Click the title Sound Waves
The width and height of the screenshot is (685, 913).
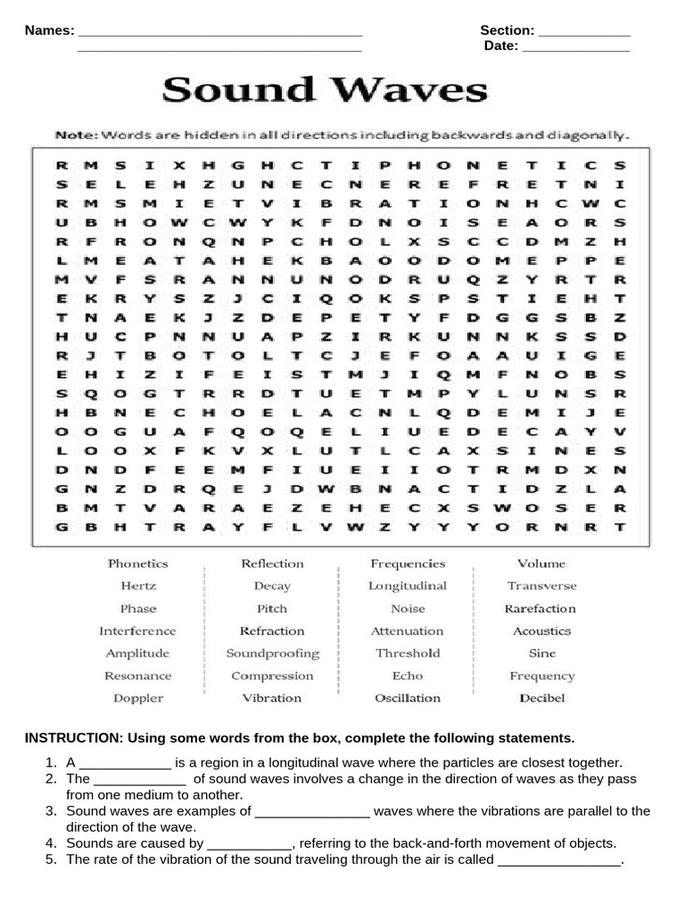325,90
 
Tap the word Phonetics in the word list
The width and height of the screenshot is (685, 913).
137,563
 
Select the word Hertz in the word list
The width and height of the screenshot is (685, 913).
138,586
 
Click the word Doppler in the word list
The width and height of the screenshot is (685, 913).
138,698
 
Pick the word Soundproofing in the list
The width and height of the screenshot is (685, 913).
272,654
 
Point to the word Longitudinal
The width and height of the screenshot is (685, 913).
408,586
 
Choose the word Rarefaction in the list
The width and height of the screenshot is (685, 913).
541,609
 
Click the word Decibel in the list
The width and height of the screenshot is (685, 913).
542,698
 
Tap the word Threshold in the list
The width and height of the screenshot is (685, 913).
408,654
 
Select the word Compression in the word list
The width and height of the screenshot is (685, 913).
272,676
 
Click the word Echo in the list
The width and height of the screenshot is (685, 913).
408,676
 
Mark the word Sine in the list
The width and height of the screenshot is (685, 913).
541,654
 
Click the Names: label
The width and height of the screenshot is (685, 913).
49,30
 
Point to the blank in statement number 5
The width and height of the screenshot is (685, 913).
559,860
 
